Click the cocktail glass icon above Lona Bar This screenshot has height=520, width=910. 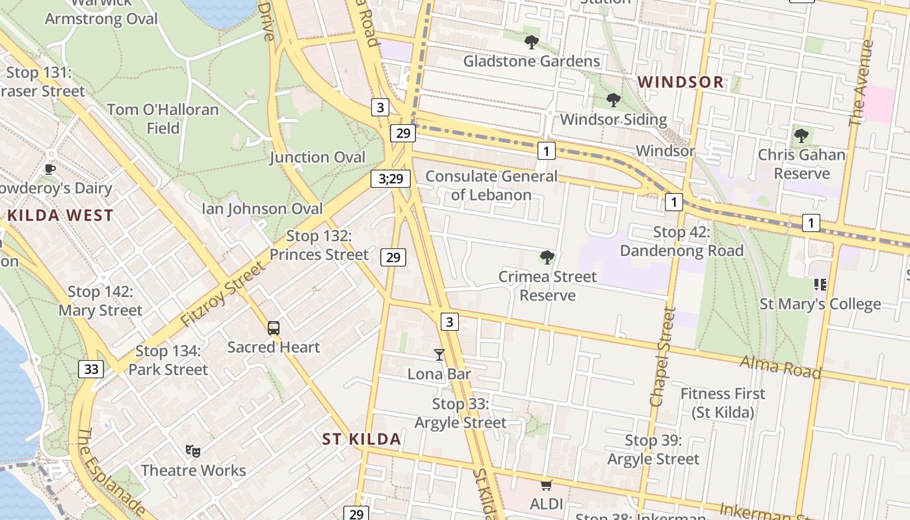coord(439,355)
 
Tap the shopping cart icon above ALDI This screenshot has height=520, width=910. coord(546,485)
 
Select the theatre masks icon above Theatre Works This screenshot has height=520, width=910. coord(192,450)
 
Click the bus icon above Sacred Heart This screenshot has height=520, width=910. coord(274,328)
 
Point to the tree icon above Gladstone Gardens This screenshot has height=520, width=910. coord(532,43)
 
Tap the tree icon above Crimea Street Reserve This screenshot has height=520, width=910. coord(547,257)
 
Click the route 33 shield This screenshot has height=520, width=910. coord(91,369)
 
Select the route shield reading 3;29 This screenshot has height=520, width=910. coord(391,178)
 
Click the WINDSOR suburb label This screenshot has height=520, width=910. coord(681,82)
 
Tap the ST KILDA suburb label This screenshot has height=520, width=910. coord(361,439)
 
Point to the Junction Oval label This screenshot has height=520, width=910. coord(317,157)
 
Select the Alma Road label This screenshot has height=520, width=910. coord(781,367)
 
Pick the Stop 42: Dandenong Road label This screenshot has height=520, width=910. coord(681,241)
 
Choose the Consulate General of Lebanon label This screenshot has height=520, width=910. coord(491,185)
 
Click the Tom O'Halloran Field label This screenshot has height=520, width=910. coord(162,118)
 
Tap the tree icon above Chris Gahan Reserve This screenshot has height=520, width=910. coord(801,136)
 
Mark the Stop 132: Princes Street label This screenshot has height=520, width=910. coord(318,245)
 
